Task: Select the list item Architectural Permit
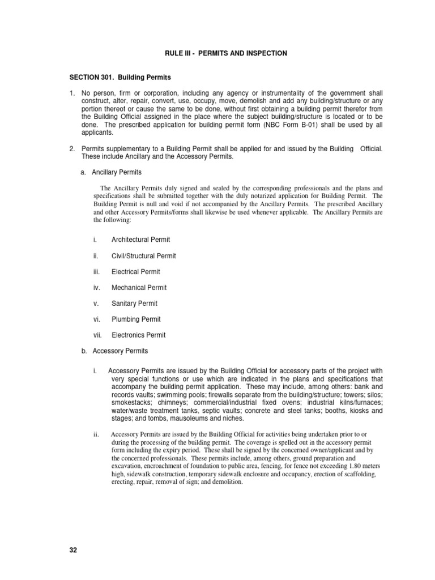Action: click(x=140, y=240)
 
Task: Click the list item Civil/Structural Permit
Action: click(x=143, y=256)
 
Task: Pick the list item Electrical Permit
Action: click(x=135, y=272)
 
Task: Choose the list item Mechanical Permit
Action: click(x=139, y=288)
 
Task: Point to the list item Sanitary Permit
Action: click(x=134, y=304)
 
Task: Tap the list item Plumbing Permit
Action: click(x=136, y=319)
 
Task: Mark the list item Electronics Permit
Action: click(x=138, y=335)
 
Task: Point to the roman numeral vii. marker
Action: click(x=98, y=335)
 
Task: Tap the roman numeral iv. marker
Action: click(x=97, y=288)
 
